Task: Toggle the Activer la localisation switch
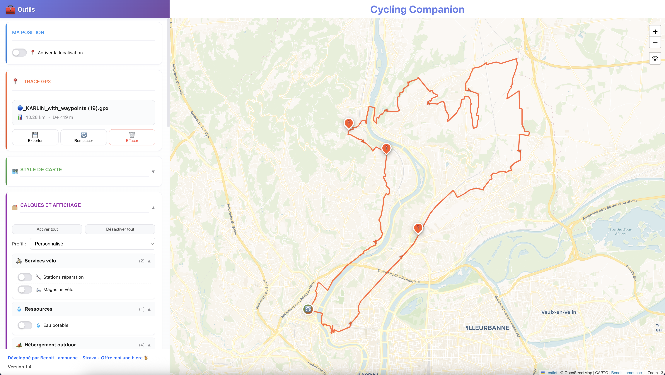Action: click(19, 53)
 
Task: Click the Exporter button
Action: click(35, 137)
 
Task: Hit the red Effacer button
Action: click(132, 137)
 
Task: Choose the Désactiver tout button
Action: click(120, 229)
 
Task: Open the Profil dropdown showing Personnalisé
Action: click(92, 244)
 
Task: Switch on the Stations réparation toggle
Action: click(25, 277)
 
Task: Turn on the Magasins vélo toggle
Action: click(25, 289)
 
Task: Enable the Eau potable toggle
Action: click(25, 325)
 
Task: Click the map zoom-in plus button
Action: click(655, 32)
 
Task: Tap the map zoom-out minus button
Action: click(655, 43)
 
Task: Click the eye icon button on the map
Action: click(655, 58)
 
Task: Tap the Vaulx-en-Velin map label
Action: click(559, 312)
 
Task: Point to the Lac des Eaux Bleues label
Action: click(621, 232)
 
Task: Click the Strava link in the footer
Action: click(89, 358)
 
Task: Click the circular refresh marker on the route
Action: click(308, 309)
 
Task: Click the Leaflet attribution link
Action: click(551, 373)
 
